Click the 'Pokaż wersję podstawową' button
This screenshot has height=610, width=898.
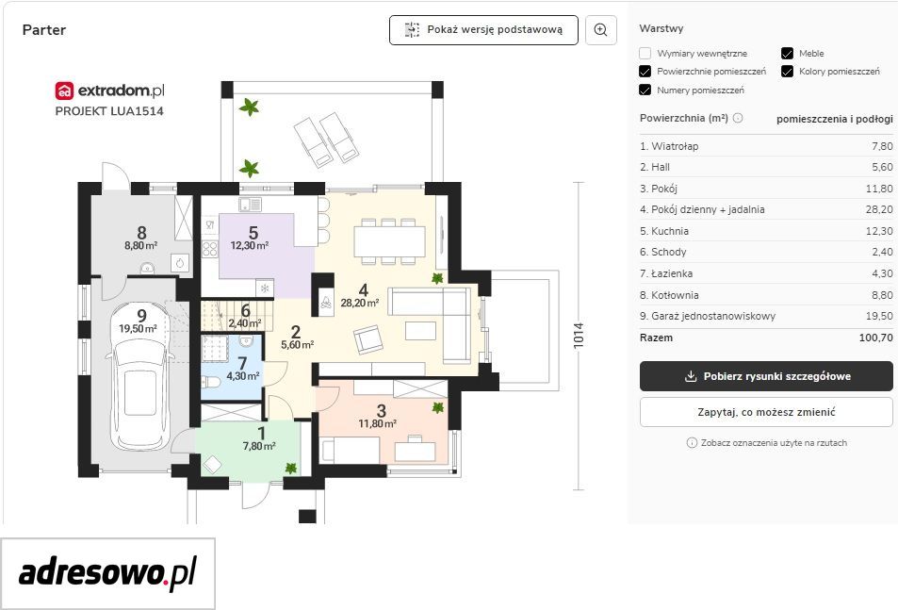(x=483, y=30)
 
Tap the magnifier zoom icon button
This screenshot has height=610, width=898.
(x=601, y=30)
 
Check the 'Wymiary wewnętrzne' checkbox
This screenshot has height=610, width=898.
(x=645, y=53)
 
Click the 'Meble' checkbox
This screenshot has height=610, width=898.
(x=787, y=53)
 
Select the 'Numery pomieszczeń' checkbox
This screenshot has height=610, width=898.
(x=645, y=90)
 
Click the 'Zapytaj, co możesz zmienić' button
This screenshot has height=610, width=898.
(x=766, y=412)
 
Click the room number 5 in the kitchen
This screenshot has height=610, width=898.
(x=253, y=233)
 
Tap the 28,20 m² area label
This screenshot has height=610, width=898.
(x=360, y=303)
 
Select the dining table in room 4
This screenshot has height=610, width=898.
(x=389, y=241)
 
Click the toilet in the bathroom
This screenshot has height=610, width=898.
(x=210, y=382)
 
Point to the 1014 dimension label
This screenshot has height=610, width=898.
(x=579, y=336)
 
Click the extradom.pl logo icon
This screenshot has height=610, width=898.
(x=64, y=91)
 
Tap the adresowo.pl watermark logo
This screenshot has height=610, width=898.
(x=107, y=573)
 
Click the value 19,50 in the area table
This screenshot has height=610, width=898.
(x=879, y=316)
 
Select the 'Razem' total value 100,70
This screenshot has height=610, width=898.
(x=875, y=338)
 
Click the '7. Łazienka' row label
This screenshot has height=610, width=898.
(x=666, y=273)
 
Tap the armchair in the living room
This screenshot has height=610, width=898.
(x=367, y=339)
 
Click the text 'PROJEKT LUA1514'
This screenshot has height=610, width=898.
(x=109, y=111)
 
